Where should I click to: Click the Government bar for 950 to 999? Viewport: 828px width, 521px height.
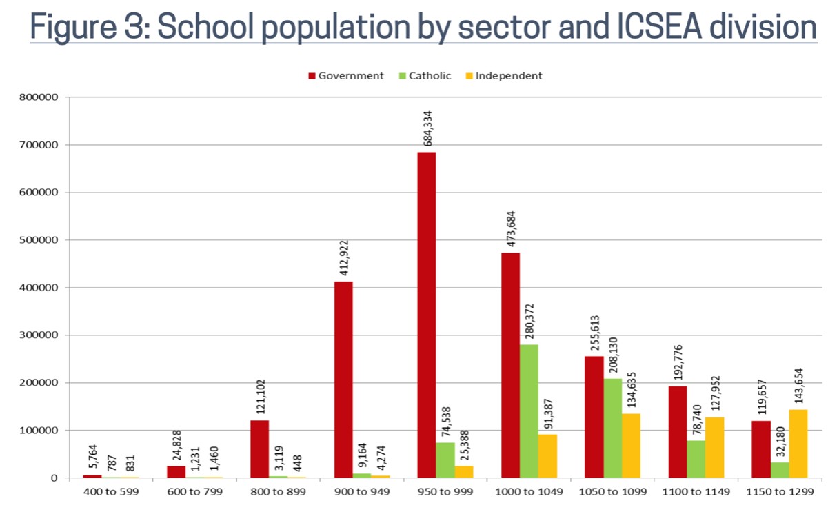(427, 315)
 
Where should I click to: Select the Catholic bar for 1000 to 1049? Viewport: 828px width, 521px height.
(529, 411)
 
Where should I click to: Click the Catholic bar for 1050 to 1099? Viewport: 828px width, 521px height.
(612, 428)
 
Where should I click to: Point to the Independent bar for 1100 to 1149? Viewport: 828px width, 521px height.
(715, 447)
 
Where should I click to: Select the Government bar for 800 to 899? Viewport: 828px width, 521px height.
(260, 449)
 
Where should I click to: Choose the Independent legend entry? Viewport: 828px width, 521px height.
(503, 76)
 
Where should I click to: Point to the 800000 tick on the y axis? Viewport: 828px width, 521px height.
(39, 97)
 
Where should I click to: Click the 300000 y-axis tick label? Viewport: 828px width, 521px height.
(39, 335)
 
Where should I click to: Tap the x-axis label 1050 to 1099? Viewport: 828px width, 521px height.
(612, 493)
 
